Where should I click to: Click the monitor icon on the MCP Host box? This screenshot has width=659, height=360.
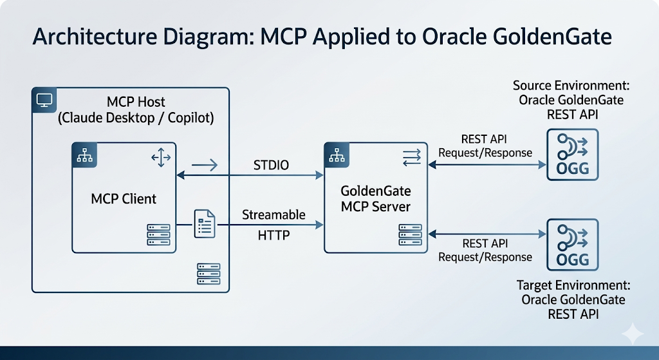(x=44, y=100)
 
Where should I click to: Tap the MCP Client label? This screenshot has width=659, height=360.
(x=124, y=198)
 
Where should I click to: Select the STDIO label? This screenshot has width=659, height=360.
(x=271, y=165)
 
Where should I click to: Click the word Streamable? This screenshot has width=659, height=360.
(x=274, y=214)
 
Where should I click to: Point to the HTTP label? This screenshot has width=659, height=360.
(x=274, y=234)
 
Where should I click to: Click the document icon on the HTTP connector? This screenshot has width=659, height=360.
(x=205, y=224)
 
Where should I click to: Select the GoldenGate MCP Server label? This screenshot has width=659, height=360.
(x=376, y=198)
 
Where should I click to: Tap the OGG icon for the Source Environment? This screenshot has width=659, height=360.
(x=572, y=155)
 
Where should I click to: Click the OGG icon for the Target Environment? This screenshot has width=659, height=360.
(x=572, y=245)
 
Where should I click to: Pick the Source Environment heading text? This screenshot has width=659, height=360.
(x=571, y=100)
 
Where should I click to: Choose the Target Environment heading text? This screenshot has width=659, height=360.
(x=573, y=299)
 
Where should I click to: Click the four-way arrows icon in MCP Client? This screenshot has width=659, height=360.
(x=161, y=158)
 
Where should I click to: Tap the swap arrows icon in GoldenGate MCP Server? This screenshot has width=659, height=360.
(x=411, y=157)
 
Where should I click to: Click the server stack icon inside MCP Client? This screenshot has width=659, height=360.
(x=158, y=234)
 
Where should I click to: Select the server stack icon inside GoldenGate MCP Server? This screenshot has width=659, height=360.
(x=410, y=234)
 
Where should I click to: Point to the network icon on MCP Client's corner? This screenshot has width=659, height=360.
(x=84, y=155)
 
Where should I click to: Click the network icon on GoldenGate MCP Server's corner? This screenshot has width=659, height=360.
(x=337, y=155)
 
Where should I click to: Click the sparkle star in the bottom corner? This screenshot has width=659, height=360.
(x=633, y=334)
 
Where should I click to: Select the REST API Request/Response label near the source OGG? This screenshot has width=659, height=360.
(x=485, y=146)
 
